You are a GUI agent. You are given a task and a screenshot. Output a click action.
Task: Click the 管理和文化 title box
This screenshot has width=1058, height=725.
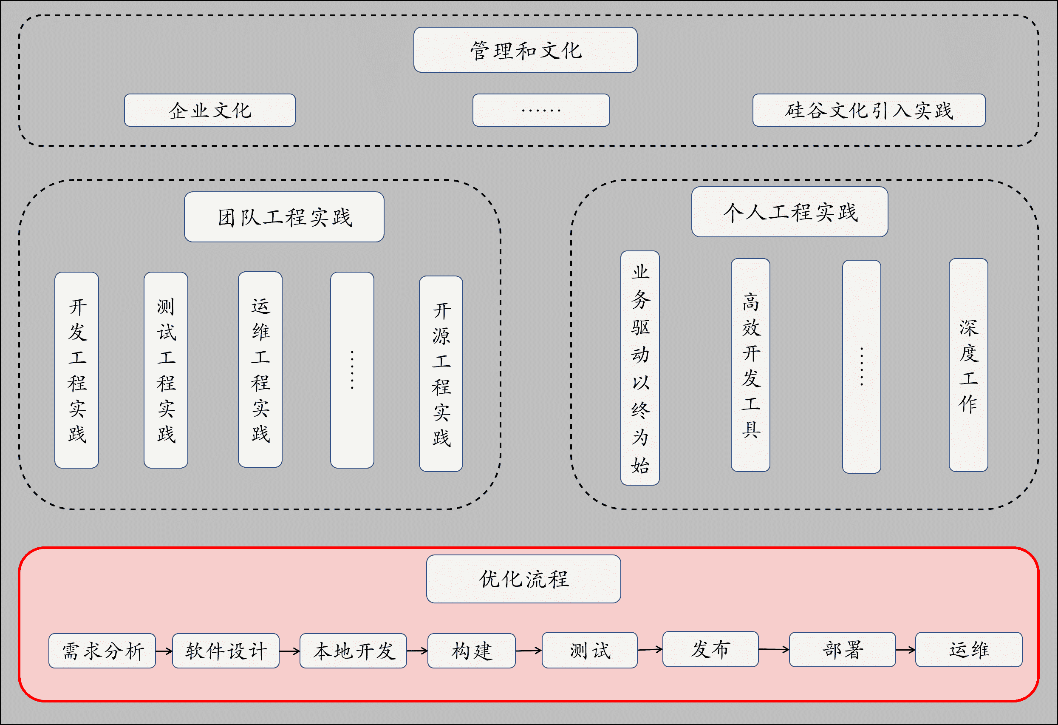point(525,50)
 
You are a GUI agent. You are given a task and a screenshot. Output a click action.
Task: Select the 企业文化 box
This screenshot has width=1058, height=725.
point(209,110)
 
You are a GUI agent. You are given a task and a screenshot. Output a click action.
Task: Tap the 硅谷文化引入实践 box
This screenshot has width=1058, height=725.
point(868,110)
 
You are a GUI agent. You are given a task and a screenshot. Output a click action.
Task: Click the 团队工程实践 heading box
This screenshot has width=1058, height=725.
point(284,217)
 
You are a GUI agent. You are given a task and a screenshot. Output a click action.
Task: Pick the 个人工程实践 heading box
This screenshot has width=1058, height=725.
point(789,212)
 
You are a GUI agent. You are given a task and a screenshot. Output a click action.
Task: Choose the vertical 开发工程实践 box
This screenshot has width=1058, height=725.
point(76,370)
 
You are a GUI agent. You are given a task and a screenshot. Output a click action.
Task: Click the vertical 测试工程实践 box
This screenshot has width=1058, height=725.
point(166,370)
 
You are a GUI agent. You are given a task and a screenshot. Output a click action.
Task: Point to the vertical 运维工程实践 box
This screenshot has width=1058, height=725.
point(260,370)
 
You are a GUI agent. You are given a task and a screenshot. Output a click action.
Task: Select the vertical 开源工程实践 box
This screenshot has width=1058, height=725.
point(441,374)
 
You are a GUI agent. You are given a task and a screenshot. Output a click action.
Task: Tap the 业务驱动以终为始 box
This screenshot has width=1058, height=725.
point(639,368)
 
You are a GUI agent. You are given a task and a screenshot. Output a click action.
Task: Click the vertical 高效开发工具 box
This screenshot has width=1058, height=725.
point(750,365)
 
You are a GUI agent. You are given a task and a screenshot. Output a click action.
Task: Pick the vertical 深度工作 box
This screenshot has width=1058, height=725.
point(968,365)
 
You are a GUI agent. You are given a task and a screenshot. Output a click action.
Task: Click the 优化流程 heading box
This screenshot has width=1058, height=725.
point(523,579)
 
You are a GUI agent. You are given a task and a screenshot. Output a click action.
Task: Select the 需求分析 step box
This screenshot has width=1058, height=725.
point(102,651)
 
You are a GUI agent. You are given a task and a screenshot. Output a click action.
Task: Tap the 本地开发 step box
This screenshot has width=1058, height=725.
point(353,651)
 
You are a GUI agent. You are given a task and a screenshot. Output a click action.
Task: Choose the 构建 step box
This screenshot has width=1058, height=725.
point(471,651)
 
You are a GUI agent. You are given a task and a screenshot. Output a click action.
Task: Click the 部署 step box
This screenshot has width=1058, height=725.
point(842,650)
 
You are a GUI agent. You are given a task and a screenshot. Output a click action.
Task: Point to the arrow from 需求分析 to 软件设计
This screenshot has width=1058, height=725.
point(164,651)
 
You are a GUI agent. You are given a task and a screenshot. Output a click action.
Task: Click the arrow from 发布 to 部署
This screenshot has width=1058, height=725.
point(773,649)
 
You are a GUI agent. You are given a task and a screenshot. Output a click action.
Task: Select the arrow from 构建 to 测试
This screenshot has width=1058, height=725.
point(529,651)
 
